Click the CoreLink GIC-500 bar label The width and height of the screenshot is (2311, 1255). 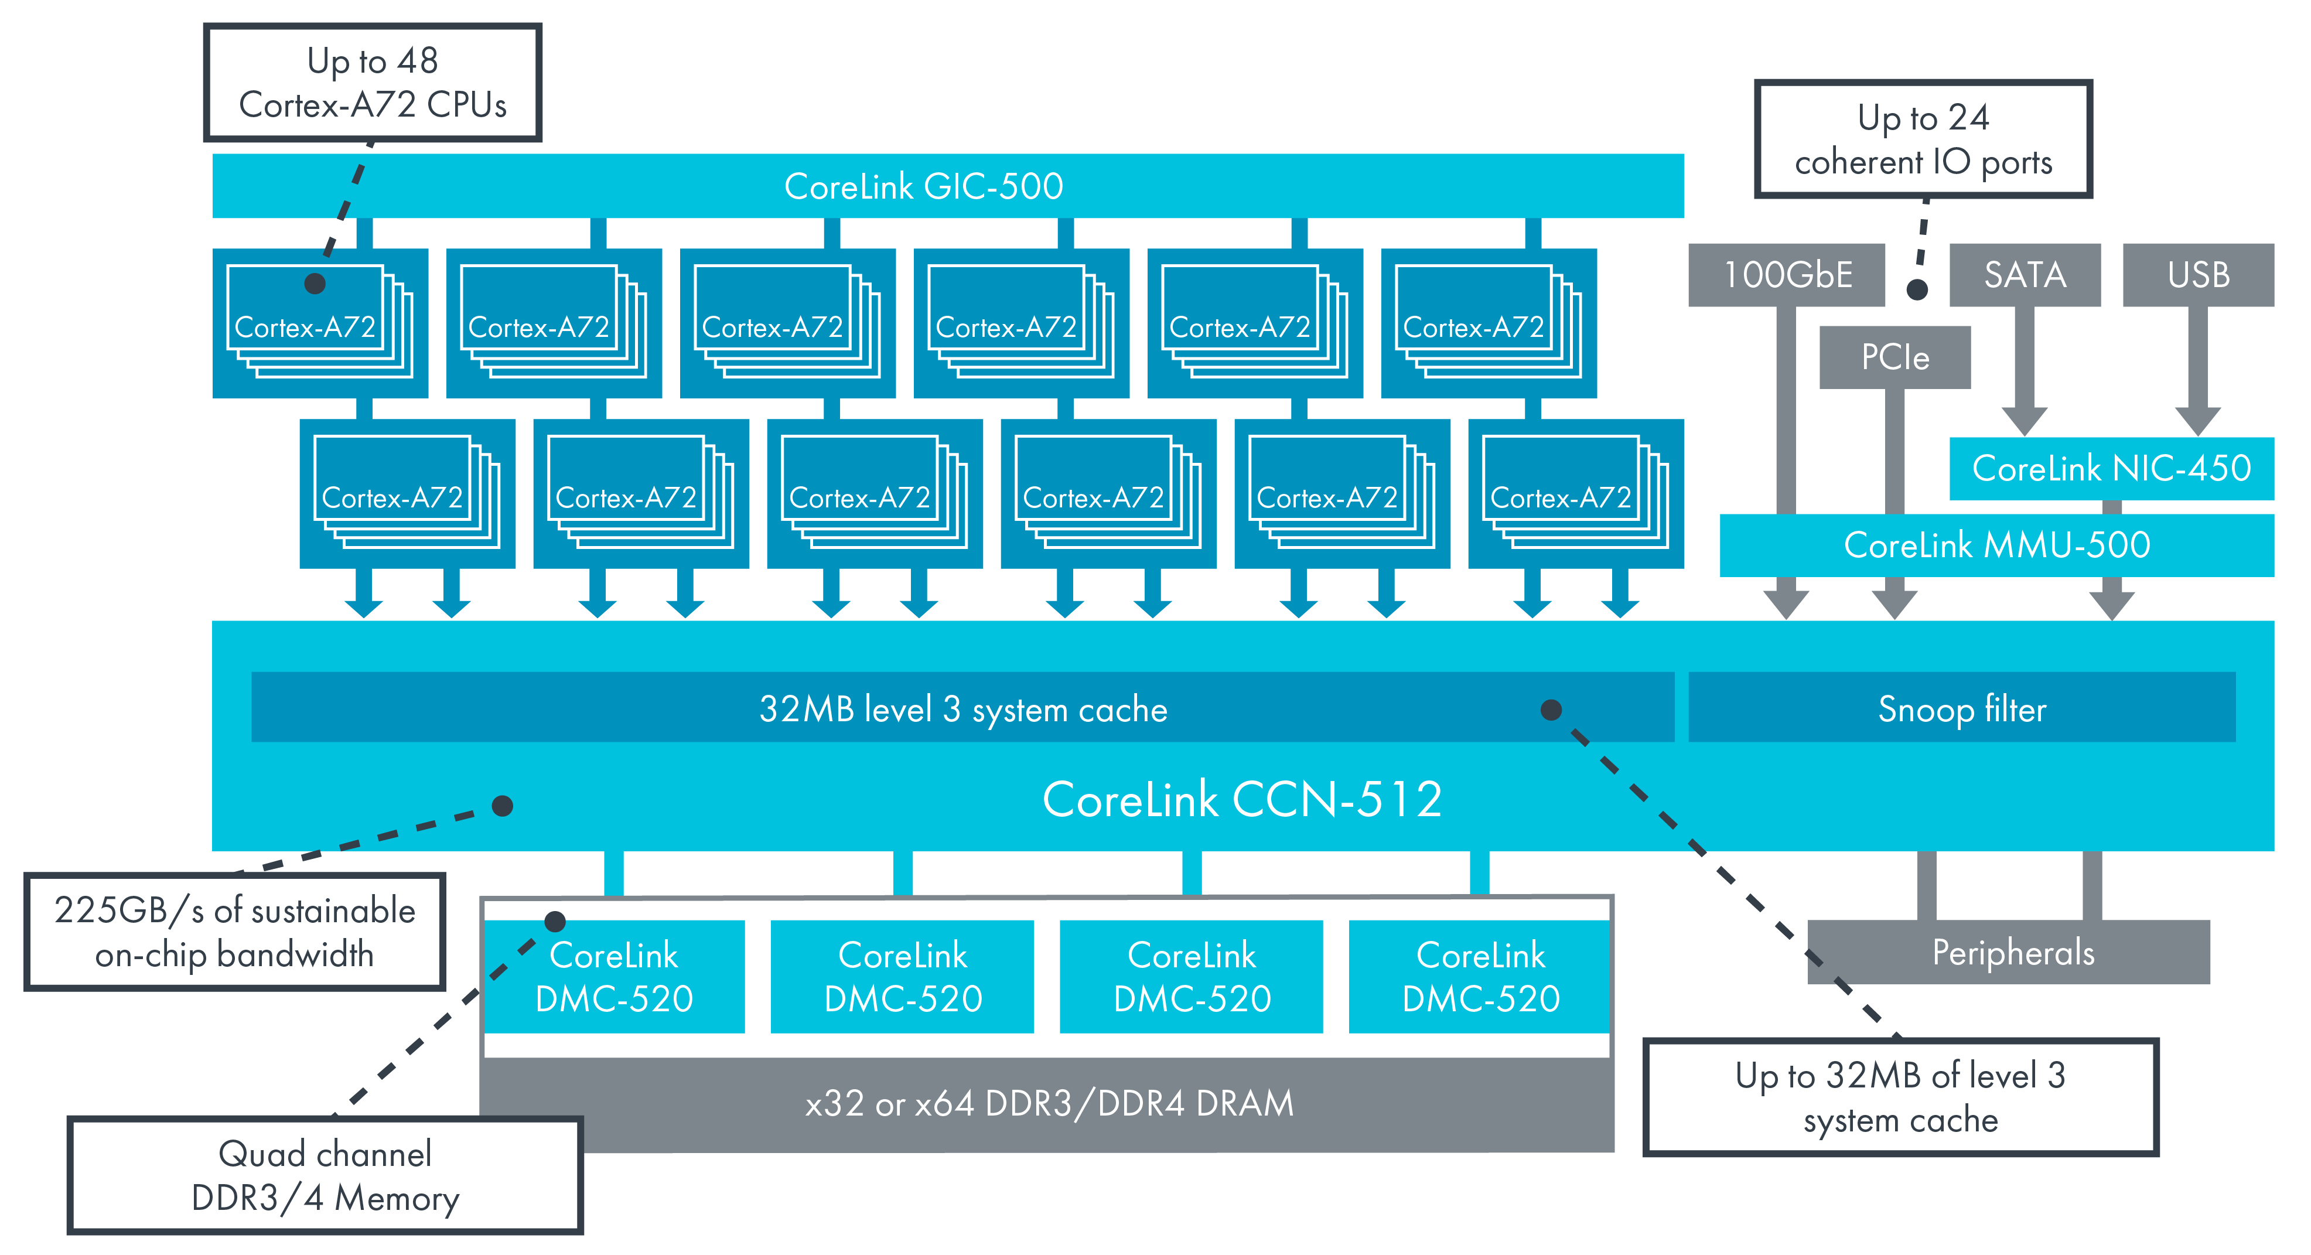click(923, 186)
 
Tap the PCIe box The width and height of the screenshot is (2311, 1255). click(1894, 357)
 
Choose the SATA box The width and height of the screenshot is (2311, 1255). click(2025, 275)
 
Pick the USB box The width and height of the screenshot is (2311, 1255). click(2197, 275)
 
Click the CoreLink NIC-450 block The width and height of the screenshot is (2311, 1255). click(2110, 468)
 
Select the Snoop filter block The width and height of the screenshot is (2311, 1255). click(1961, 709)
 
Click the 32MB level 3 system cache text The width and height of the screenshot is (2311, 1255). click(962, 709)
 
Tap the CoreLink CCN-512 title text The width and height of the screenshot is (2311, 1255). click(1242, 799)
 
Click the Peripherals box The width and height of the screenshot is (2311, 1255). click(2012, 953)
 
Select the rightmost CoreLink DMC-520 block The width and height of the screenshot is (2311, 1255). click(1480, 976)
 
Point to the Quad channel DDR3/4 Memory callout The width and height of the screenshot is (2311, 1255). click(325, 1175)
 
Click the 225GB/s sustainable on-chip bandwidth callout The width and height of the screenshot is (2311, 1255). click(234, 932)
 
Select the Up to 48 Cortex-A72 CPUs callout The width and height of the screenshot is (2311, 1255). click(373, 83)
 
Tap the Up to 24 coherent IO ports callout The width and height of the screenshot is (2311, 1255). click(1923, 139)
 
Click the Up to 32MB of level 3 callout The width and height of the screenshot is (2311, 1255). click(1900, 1097)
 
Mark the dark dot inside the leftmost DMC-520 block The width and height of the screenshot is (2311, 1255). click(555, 920)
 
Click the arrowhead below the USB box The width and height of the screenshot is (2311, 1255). click(2197, 420)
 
